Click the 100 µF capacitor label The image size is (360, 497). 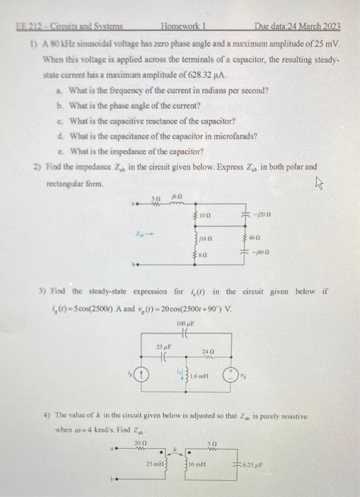pyautogui.click(x=186, y=324)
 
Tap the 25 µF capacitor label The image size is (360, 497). pyautogui.click(x=163, y=346)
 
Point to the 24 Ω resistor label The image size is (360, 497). pyautogui.click(x=207, y=351)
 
